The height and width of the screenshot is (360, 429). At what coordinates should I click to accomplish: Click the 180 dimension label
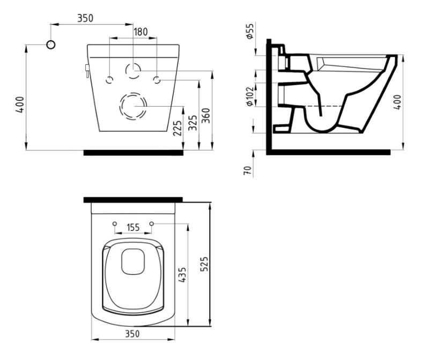140,32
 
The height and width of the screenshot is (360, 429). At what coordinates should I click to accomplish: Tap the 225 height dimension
177,128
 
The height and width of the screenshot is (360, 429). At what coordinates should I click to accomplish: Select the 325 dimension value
193,123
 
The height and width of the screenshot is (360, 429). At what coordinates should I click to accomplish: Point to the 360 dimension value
206,116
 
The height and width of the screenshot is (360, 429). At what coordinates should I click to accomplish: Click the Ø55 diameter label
250,31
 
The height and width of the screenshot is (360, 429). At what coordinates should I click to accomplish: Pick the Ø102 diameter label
250,96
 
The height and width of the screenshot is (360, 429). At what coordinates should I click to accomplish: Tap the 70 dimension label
247,170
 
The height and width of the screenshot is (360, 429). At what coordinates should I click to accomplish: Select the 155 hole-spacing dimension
133,227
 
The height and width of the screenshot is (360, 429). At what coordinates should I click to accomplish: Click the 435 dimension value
182,275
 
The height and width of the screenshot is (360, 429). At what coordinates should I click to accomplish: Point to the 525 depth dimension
204,264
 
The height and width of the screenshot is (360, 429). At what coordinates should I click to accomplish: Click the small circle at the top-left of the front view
51,44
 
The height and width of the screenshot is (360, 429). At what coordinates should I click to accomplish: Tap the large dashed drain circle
133,106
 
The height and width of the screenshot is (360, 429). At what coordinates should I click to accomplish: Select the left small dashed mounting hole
109,80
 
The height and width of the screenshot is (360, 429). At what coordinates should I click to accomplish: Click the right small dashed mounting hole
157,80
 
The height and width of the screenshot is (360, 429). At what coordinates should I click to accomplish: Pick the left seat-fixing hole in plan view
115,223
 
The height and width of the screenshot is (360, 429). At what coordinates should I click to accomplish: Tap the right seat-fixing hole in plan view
152,223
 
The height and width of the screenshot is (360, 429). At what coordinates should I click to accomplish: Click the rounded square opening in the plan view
133,261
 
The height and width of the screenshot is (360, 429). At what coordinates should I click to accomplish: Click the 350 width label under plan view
132,334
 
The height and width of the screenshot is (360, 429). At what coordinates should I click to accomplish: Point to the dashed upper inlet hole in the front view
133,70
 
